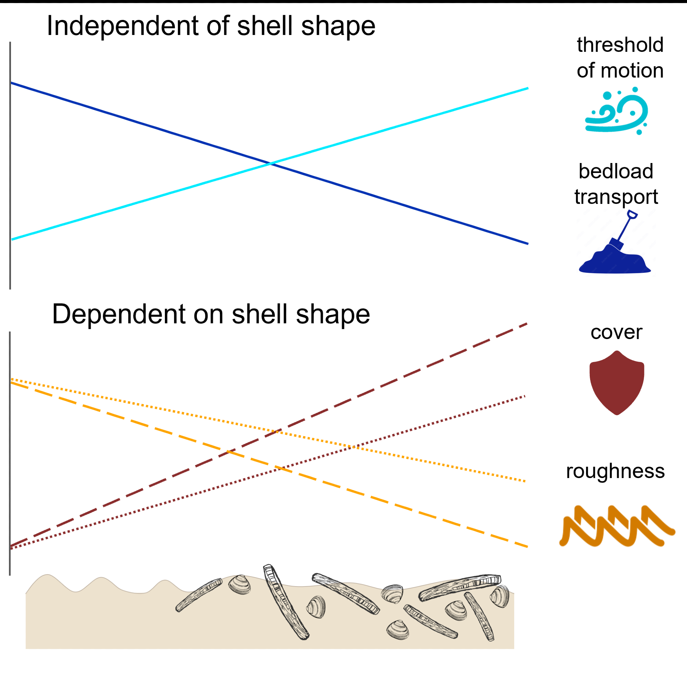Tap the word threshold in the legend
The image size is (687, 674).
(x=620, y=45)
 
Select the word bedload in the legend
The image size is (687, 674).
(x=616, y=171)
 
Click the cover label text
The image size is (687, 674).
(x=616, y=333)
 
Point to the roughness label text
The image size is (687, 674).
(x=616, y=471)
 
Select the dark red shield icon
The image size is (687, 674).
(x=617, y=382)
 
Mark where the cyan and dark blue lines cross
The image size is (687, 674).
(x=270, y=163)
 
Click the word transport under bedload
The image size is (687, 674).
(x=616, y=197)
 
